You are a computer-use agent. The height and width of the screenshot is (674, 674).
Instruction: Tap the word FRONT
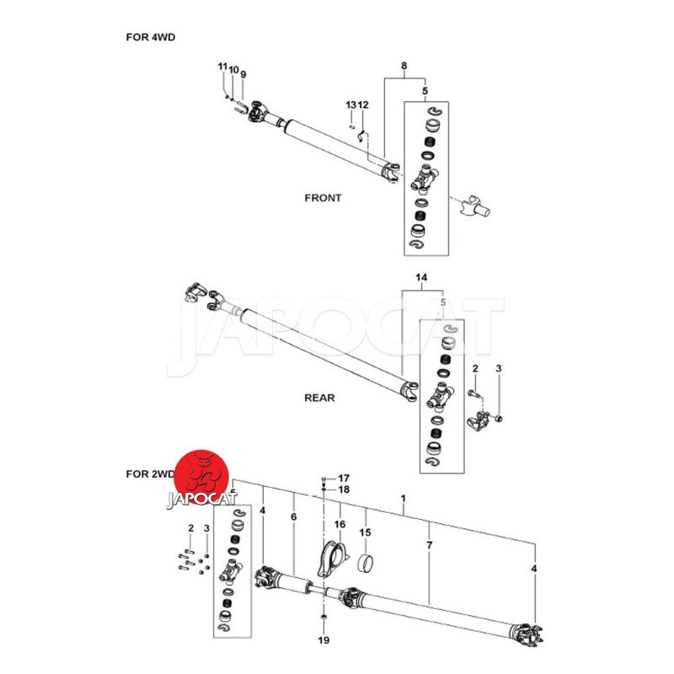coord(323,199)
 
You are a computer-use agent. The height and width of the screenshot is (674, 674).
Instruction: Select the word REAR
coord(319,397)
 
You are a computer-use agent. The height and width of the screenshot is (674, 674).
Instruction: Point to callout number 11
coord(222,67)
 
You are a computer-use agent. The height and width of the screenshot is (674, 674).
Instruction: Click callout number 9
coord(243,75)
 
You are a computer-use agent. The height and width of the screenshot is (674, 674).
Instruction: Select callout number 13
coord(350,104)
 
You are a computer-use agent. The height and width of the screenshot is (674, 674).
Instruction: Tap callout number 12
coord(363,104)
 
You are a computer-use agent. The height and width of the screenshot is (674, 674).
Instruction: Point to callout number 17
coord(343,478)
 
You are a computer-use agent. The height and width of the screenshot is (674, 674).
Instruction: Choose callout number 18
coord(343,489)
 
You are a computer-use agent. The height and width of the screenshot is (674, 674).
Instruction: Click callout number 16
coord(340,524)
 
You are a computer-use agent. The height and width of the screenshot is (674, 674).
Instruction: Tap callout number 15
coord(366,532)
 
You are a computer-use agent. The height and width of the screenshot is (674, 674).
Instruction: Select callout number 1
coord(403,498)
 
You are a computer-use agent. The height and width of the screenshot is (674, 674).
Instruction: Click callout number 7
coord(430,547)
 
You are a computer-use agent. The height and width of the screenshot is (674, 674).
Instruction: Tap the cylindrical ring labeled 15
coord(366,564)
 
